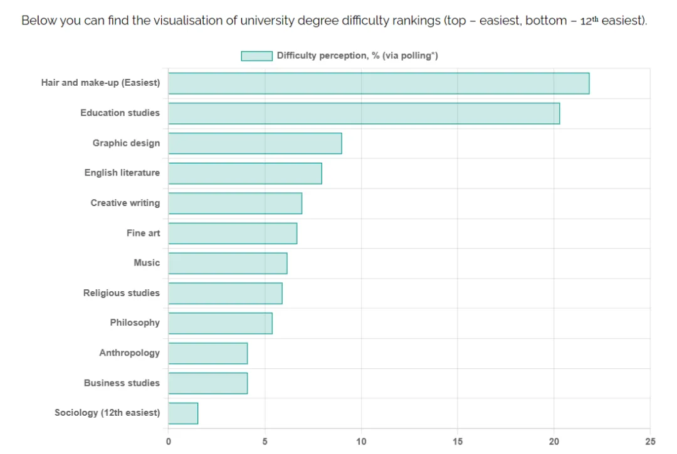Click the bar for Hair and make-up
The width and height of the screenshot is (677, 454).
point(379,83)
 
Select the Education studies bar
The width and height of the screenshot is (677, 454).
point(364,113)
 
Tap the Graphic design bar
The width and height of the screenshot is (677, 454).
point(255,143)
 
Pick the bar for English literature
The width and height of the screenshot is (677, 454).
point(244,173)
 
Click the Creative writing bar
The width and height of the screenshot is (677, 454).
point(234,204)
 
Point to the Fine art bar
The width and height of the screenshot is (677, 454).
point(232,233)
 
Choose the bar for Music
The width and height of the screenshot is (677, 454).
point(228,263)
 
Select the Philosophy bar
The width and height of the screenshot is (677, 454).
point(220,323)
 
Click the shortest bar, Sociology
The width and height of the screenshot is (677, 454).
point(183,413)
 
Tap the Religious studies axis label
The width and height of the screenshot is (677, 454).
point(122,293)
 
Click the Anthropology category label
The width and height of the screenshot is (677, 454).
point(129,353)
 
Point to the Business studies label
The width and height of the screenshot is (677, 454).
point(122,383)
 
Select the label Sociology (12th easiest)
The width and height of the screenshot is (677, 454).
point(107,413)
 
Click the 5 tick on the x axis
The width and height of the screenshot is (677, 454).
point(265,441)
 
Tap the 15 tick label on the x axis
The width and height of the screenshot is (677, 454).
point(458,441)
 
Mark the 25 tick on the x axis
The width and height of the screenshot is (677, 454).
point(650,441)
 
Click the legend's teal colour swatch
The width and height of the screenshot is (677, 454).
point(256,56)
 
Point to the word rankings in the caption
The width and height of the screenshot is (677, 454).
point(412,20)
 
